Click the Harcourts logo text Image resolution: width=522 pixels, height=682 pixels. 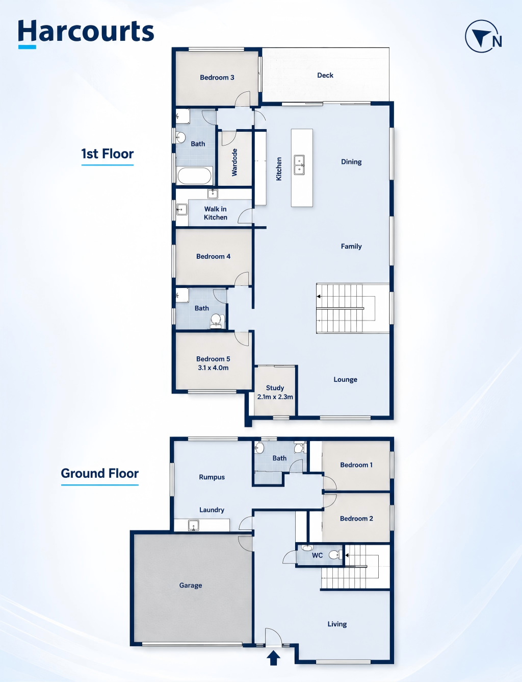[x=86, y=31]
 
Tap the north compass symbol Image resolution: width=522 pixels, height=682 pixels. [x=483, y=36]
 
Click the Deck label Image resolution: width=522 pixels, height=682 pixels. [x=325, y=76]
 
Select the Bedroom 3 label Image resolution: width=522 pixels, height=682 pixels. [x=217, y=78]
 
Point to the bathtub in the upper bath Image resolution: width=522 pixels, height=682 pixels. [x=194, y=176]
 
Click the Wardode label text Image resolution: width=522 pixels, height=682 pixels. [x=234, y=162]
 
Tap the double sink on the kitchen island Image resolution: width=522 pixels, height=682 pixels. [x=299, y=165]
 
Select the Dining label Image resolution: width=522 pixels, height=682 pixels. [x=351, y=162]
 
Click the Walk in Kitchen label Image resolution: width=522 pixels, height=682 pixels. [x=216, y=213]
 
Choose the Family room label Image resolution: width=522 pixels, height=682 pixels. [x=351, y=247]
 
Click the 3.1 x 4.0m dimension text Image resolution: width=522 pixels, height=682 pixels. [x=213, y=368]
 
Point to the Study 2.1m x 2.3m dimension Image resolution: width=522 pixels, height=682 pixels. [x=275, y=397]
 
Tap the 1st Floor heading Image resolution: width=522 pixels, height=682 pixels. [x=108, y=154]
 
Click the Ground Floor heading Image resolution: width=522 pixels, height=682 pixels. [x=99, y=473]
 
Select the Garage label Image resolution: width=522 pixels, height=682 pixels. [x=191, y=586]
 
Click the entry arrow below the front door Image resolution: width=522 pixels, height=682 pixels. [x=274, y=658]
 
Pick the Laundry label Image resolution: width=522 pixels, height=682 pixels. [x=212, y=510]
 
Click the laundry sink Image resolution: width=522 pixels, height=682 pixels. [x=193, y=525]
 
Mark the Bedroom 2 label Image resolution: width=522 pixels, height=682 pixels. [x=356, y=519]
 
